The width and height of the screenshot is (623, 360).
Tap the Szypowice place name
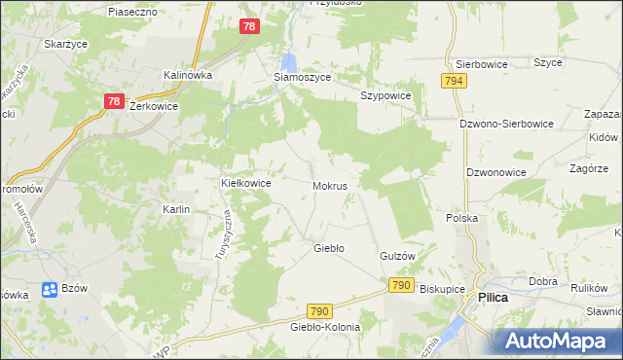tap(386, 95)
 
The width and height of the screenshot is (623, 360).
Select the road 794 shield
tap(452, 83)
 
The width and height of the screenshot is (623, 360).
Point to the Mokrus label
tap(330, 184)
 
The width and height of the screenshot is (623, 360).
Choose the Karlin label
tap(176, 209)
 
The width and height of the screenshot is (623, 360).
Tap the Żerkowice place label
tap(153, 107)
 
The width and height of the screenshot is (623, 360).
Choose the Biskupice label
tap(442, 289)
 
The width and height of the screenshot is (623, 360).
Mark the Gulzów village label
tap(397, 255)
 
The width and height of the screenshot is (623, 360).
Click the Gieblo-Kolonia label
tap(325, 327)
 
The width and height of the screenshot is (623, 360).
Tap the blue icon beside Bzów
tap(50, 289)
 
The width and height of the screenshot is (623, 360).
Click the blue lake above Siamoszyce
tap(289, 61)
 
